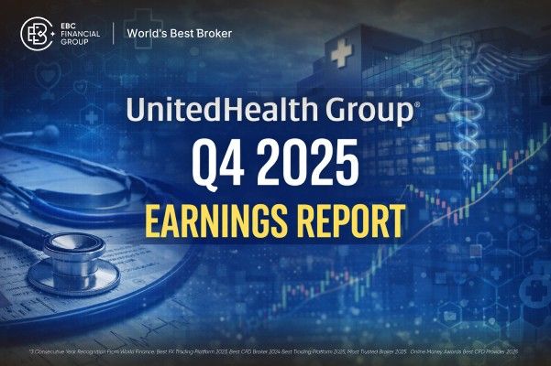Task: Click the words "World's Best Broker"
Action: click(180, 35)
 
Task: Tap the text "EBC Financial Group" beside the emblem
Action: click(77, 35)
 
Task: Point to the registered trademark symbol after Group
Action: click(418, 105)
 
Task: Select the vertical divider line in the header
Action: click(113, 35)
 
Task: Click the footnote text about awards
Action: click(275, 351)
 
